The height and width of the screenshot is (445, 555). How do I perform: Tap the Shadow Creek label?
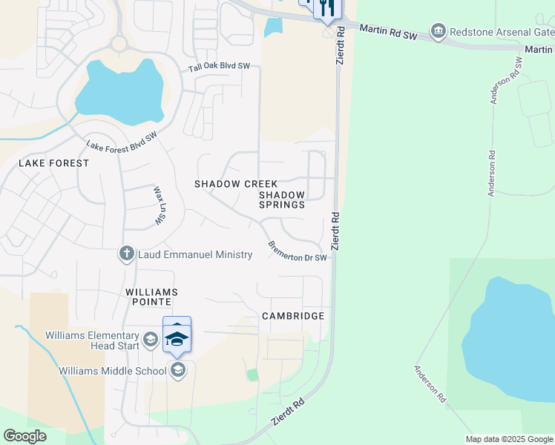pyautogui.click(x=236, y=183)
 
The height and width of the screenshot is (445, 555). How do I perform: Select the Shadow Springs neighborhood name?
pyautogui.click(x=282, y=200)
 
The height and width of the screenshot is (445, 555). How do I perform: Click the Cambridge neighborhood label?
pyautogui.click(x=293, y=316)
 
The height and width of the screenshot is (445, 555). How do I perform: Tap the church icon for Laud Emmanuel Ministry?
pyautogui.click(x=126, y=254)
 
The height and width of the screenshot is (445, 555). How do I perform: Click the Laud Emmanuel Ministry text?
pyautogui.click(x=194, y=254)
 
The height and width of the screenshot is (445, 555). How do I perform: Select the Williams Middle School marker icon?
pyautogui.click(x=177, y=370)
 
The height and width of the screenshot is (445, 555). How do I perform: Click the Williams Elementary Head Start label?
pyautogui.click(x=91, y=340)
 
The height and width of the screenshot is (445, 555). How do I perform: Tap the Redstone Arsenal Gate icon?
pyautogui.click(x=438, y=32)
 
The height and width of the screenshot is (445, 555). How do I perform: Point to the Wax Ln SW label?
pyautogui.click(x=158, y=206)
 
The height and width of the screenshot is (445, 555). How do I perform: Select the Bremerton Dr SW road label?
pyautogui.click(x=297, y=251)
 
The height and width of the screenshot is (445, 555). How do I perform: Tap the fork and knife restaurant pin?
pyautogui.click(x=326, y=7)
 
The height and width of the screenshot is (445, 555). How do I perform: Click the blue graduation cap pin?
pyautogui.click(x=177, y=337)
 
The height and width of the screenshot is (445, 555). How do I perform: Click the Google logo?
pyautogui.click(x=24, y=436)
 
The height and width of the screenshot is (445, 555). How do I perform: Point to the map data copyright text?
pyautogui.click(x=509, y=439)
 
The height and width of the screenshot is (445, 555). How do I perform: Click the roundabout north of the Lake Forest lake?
pyautogui.click(x=119, y=43)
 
